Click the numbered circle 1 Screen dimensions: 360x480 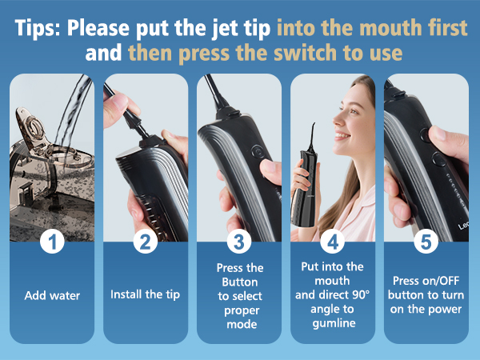(52, 242)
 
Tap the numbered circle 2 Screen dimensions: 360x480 (145, 242)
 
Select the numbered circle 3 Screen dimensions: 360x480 (238, 242)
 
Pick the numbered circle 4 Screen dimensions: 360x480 (332, 242)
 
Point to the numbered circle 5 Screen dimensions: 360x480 (426, 242)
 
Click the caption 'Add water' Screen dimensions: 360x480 (52, 294)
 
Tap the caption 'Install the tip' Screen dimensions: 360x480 (145, 294)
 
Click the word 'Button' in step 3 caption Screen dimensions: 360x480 (238, 281)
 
